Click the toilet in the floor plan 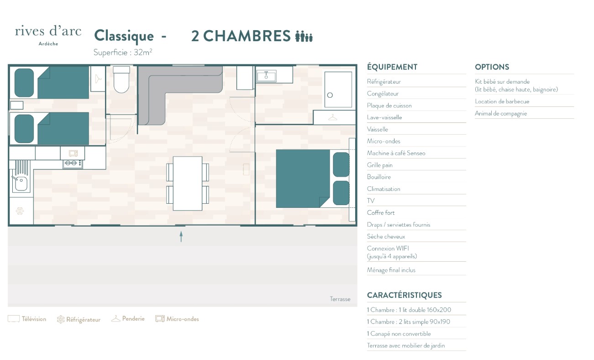coord(121,79)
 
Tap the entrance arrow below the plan coord(181,236)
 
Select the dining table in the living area coord(188,183)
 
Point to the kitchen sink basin coord(21,184)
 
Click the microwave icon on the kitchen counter coord(73,153)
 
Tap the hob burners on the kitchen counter coord(73,164)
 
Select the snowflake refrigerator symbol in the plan coord(20,211)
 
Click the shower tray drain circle coord(330,95)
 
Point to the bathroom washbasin coord(266,76)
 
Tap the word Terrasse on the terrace coord(340,299)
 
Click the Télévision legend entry coord(27,319)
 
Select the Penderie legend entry coord(128,318)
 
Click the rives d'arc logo coord(48,35)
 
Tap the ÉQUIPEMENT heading coord(392,67)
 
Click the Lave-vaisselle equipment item coord(384,117)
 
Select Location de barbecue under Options coord(502,101)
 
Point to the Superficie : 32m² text coord(123,52)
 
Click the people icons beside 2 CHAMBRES coord(304,37)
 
